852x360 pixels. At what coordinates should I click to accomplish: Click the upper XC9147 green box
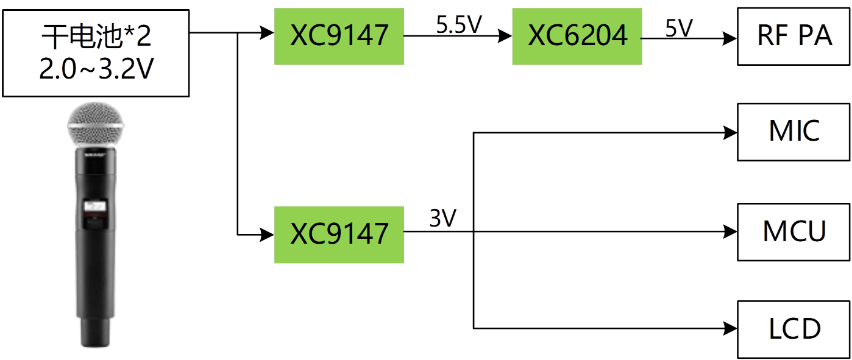pyautogui.click(x=339, y=37)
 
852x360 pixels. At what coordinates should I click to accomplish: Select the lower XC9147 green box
pyautogui.click(x=339, y=234)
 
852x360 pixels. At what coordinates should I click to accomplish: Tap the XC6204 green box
pyautogui.click(x=577, y=37)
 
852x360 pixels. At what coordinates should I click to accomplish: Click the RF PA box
pyautogui.click(x=794, y=37)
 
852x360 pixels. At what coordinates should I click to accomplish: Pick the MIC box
pyautogui.click(x=794, y=132)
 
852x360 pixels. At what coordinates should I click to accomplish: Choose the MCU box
pyautogui.click(x=794, y=232)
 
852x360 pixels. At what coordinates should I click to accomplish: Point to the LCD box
pyautogui.click(x=794, y=330)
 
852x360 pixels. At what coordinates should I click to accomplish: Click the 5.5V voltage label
pyautogui.click(x=458, y=25)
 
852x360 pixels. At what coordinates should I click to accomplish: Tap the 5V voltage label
pyautogui.click(x=679, y=28)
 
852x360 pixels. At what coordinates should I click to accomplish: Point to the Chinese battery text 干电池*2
pyautogui.click(x=96, y=38)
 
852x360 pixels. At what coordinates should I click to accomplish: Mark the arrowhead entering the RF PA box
pyautogui.click(x=730, y=38)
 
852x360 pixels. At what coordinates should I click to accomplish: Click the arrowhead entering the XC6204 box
pyautogui.click(x=505, y=37)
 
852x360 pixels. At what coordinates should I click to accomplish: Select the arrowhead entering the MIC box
pyautogui.click(x=730, y=132)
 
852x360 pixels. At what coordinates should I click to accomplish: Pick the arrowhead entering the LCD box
pyautogui.click(x=730, y=328)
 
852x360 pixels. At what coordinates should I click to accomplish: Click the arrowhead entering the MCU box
pyautogui.click(x=730, y=231)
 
